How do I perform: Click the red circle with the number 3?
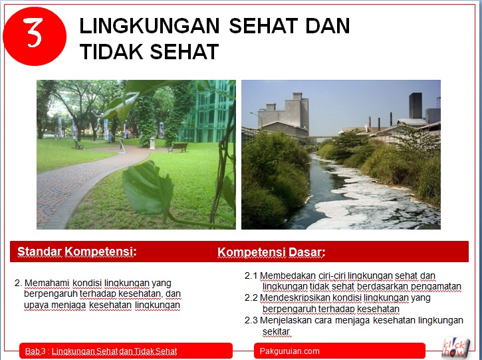35,34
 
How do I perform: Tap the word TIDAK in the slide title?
106,51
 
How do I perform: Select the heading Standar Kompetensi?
76,252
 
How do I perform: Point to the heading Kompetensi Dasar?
271,252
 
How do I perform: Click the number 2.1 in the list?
251,275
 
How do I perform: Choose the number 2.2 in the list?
251,297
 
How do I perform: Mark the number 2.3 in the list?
251,320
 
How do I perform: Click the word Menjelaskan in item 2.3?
286,320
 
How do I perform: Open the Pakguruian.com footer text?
290,351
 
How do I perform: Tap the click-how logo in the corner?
456,347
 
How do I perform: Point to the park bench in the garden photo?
178,146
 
